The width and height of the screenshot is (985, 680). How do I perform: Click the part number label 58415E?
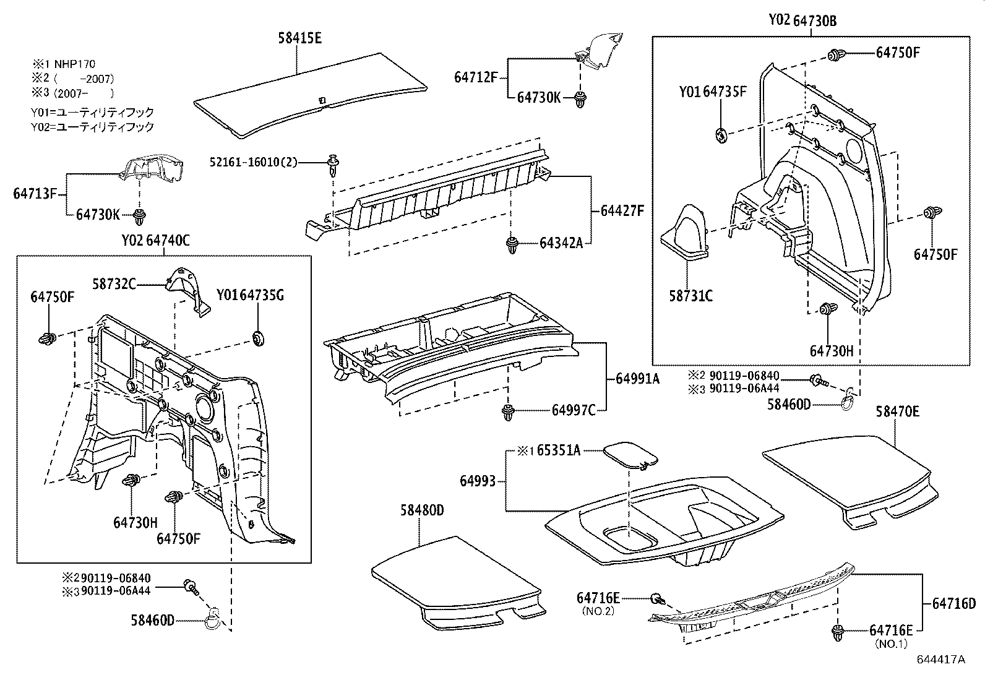pyautogui.click(x=299, y=38)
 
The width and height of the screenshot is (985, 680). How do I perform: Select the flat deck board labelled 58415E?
pyautogui.click(x=309, y=99)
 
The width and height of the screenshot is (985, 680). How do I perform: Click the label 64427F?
pyautogui.click(x=622, y=211)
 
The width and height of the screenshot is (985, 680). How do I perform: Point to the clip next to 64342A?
pyautogui.click(x=512, y=244)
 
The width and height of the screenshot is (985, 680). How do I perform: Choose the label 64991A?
pyautogui.click(x=637, y=378)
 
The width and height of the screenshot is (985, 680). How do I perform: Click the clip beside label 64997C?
pyautogui.click(x=508, y=412)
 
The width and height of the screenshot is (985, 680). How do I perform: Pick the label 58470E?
pyautogui.click(x=897, y=412)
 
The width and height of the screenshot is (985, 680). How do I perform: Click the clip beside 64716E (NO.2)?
pyautogui.click(x=658, y=598)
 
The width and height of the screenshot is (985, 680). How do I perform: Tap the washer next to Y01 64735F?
pyautogui.click(x=721, y=134)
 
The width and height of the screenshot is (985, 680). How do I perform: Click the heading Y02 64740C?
pyautogui.click(x=155, y=241)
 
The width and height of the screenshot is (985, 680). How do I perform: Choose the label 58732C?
pyautogui.click(x=114, y=284)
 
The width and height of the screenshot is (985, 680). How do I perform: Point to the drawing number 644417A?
pyautogui.click(x=940, y=659)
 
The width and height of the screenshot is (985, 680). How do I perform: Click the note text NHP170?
pyautogui.click(x=74, y=64)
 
